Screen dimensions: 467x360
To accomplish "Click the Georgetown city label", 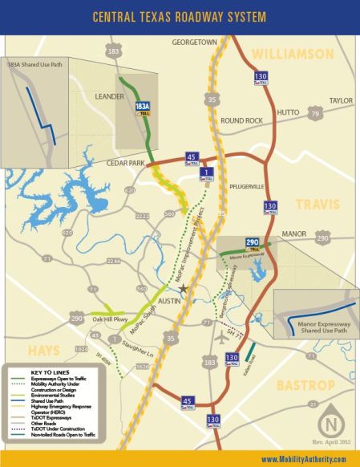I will coord(195,41).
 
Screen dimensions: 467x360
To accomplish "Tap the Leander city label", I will coord(109,97).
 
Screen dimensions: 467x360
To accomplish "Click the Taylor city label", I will coord(341,101).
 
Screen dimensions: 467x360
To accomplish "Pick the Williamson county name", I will coord(292,54).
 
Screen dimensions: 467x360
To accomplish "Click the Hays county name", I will coord(42,351).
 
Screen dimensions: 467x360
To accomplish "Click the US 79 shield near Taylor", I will coord(317,115).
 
